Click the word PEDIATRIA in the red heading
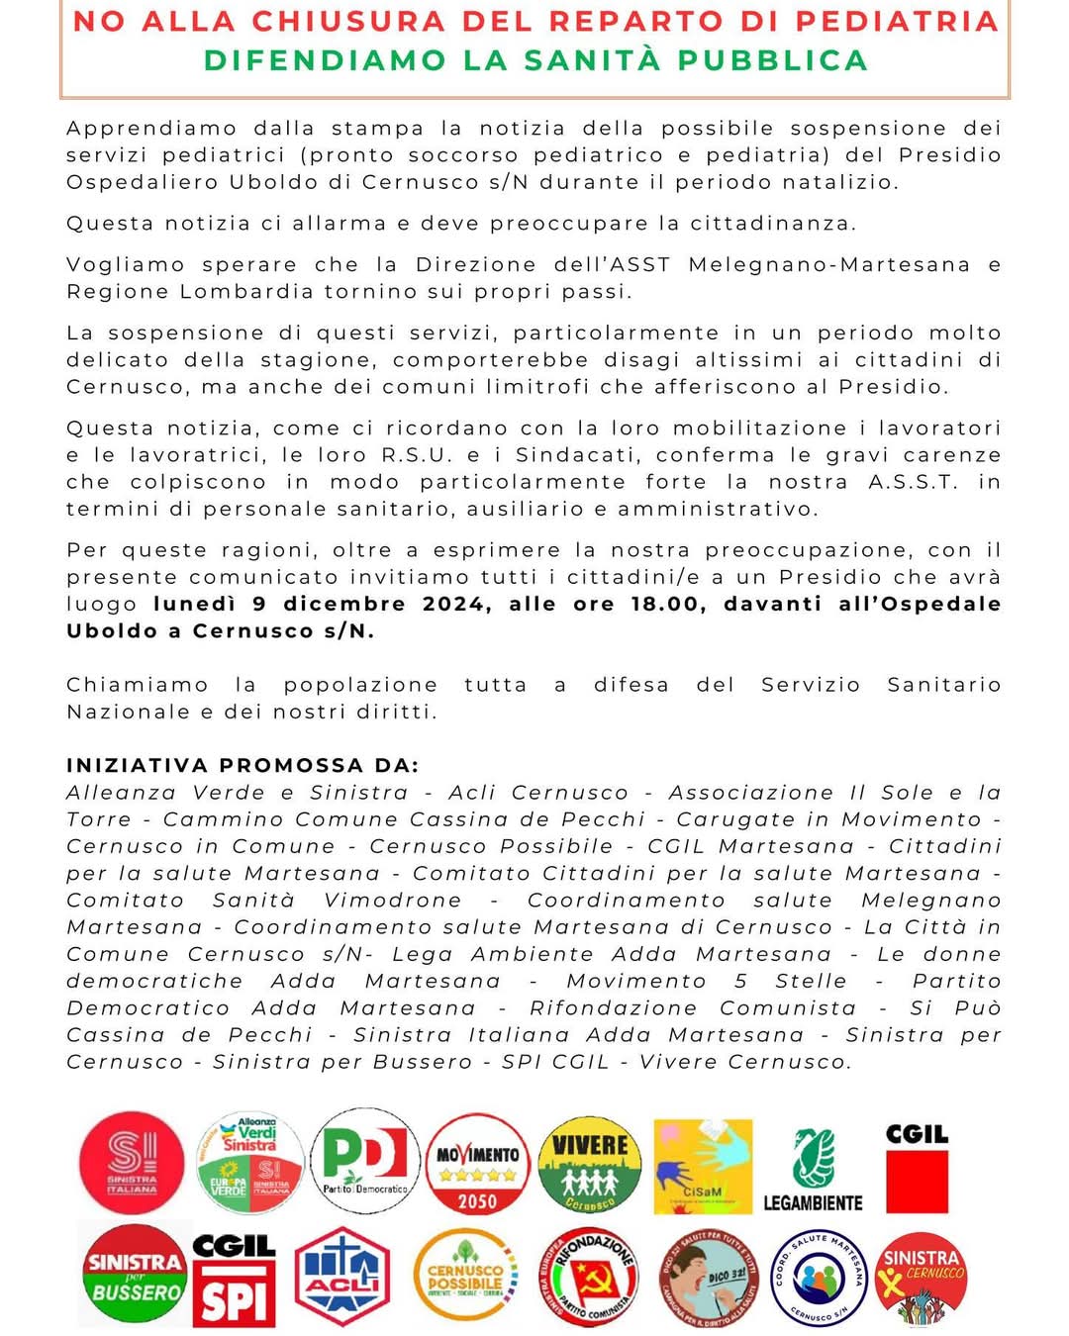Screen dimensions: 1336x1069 898,22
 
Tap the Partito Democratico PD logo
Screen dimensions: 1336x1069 365,1160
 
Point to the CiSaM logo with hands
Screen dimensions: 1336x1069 703,1166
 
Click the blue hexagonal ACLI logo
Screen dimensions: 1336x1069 343,1277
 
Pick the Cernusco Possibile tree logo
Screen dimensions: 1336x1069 465,1277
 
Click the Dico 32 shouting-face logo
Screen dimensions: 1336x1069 709,1278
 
